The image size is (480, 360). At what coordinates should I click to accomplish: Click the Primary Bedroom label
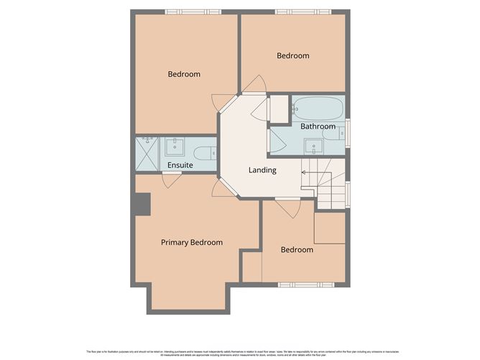pos(191,242)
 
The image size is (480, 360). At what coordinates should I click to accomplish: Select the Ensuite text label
pos(180,165)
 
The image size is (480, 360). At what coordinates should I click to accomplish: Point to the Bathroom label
pos(318,126)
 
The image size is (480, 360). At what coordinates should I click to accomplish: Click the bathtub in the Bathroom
pos(318,109)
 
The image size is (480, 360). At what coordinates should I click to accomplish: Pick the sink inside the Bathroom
pos(313,147)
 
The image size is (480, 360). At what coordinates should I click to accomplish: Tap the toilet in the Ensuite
pos(205,152)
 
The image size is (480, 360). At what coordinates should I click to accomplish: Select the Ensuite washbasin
pos(174,148)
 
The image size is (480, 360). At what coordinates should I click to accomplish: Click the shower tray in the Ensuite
pos(147,153)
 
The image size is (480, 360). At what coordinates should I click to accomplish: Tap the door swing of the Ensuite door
pos(171,180)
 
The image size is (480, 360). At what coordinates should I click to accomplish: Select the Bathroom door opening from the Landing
pos(277,142)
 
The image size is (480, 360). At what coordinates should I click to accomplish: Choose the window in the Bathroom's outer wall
pos(348,133)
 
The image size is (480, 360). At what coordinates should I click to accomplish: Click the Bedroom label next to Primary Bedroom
pos(297,249)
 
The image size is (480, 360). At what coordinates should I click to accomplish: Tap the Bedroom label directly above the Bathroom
pos(293,55)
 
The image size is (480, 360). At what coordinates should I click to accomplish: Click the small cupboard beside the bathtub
pos(279,109)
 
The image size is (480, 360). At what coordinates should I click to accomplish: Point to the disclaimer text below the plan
pos(239,352)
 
